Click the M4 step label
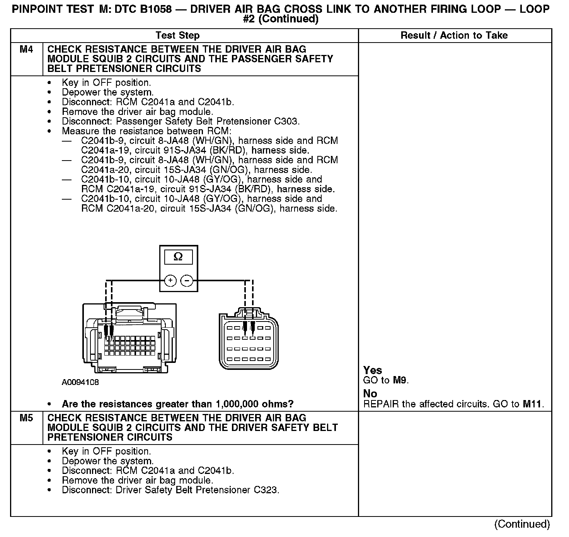point(26,50)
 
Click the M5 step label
point(26,418)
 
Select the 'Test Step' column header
point(177,36)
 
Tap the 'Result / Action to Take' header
point(454,36)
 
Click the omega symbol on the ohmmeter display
point(178,257)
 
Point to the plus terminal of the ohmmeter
point(170,280)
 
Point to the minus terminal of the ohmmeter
point(187,280)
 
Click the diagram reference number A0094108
point(80,382)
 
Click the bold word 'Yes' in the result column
point(373,370)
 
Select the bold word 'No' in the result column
point(370,393)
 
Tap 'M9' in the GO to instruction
point(400,380)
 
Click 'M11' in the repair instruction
point(533,404)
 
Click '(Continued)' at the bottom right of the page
point(522,524)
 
